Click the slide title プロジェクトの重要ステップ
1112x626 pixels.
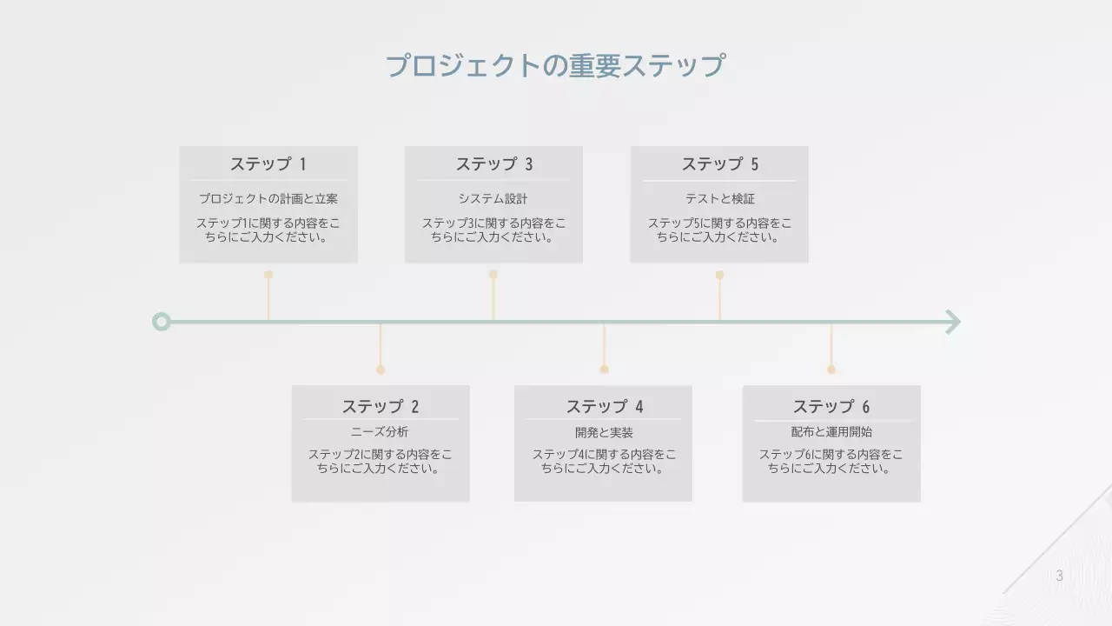[554, 66]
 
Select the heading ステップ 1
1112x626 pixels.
[268, 164]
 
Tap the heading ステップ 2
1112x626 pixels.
[380, 406]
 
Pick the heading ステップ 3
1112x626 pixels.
[493, 164]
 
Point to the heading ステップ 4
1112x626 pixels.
[604, 406]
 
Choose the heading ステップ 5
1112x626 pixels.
[719, 164]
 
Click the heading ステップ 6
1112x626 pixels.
[831, 406]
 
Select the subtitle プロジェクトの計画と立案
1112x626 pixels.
[268, 199]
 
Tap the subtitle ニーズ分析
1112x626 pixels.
[380, 432]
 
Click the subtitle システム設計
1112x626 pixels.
[493, 199]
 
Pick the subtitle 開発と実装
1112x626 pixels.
[604, 432]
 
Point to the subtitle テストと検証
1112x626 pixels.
[719, 199]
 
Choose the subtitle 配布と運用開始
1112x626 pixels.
[831, 432]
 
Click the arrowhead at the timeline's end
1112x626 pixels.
[953, 322]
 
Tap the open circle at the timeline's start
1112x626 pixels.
[161, 322]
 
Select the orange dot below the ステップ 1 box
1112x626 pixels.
[268, 275]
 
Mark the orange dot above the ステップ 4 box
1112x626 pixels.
[604, 370]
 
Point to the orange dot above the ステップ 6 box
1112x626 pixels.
[831, 370]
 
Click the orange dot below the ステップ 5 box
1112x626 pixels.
[719, 275]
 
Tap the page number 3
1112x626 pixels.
[1059, 576]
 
